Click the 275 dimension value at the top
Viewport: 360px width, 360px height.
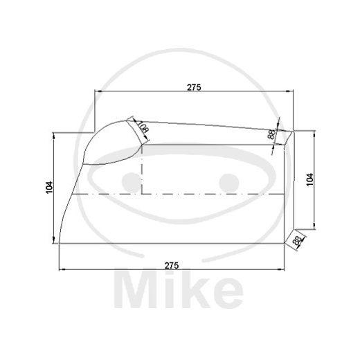coord(194,87)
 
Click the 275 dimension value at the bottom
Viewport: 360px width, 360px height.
coord(172,264)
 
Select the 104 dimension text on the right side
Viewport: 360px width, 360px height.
coord(309,178)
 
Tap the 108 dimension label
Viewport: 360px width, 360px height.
coord(142,128)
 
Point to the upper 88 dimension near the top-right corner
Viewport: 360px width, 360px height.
coord(272,134)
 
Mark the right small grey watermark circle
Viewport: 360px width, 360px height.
coord(228,182)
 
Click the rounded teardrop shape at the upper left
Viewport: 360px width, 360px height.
coord(111,144)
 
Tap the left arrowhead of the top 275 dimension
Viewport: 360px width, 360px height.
coord(98,92)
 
